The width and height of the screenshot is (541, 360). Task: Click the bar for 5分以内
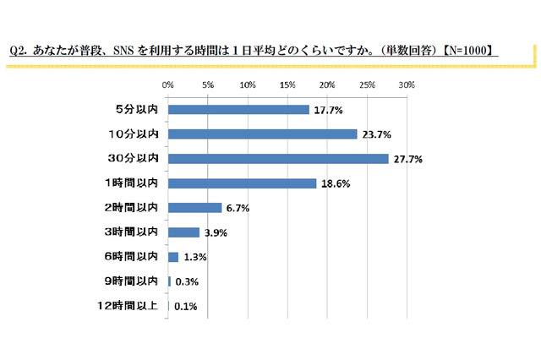pos(238,109)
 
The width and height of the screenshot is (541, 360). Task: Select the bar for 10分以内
pos(262,134)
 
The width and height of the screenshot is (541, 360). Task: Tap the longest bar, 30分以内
pos(278,158)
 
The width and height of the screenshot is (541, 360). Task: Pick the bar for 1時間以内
pos(242,183)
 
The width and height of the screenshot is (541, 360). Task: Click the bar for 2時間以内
pos(194,207)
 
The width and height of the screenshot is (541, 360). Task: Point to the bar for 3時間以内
pos(183,232)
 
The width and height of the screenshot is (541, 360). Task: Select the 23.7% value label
pos(375,134)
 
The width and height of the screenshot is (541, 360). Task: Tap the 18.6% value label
pos(335,183)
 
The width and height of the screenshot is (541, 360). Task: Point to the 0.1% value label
pos(185,307)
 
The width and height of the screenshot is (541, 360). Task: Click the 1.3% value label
pos(194,258)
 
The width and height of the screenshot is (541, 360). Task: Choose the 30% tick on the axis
pos(407,85)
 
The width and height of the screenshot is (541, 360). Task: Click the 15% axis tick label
pos(287,85)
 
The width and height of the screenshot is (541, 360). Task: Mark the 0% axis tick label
pos(168,85)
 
